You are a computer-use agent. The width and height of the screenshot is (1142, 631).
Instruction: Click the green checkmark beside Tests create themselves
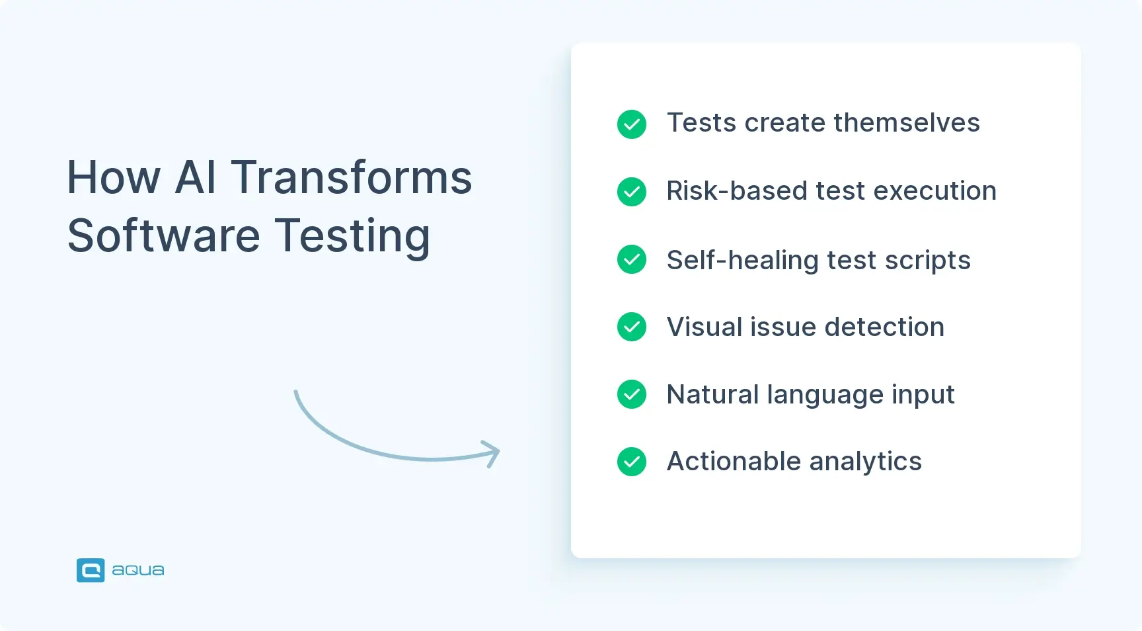[631, 124]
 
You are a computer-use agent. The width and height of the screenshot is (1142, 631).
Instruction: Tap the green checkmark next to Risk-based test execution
[631, 192]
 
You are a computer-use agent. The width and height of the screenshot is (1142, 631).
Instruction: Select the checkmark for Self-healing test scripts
[631, 259]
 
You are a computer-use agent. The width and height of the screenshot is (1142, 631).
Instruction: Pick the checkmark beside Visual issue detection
[631, 327]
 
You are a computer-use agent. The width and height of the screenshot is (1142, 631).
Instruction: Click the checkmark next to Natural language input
[631, 394]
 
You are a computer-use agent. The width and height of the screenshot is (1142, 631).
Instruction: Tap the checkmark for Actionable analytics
[631, 462]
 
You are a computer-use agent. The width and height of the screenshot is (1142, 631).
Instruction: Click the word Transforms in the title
[351, 178]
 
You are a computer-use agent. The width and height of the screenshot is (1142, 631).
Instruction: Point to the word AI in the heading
[196, 178]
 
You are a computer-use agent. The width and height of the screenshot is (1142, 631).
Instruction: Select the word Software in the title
[164, 236]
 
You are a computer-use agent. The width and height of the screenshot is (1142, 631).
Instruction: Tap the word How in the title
[114, 178]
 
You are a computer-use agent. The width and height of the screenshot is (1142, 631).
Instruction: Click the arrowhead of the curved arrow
[492, 454]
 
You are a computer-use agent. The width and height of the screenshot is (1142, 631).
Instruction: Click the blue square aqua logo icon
[91, 570]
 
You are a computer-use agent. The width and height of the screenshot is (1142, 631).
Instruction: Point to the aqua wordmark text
[137, 570]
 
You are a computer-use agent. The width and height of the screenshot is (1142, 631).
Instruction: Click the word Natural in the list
[712, 395]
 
